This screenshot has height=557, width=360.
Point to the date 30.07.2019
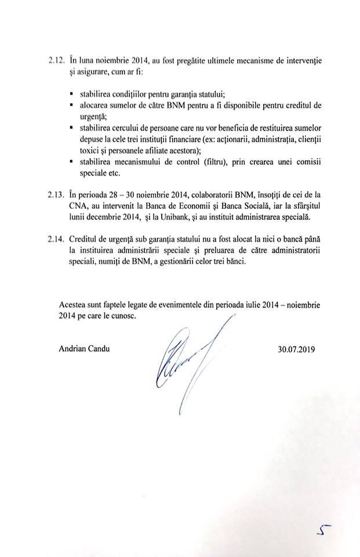299,350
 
